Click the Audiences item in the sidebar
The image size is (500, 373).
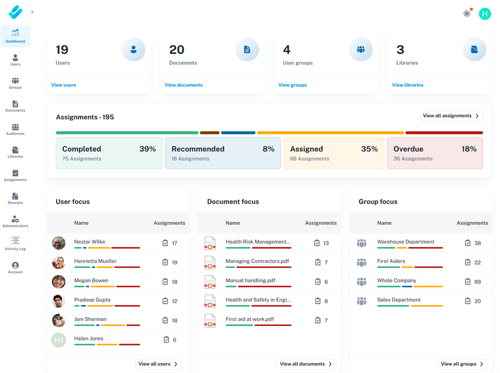(x=15, y=129)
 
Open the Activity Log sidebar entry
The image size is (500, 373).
(x=15, y=244)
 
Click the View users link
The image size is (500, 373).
(x=63, y=85)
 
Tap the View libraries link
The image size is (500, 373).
(x=407, y=85)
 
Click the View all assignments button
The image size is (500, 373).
(x=451, y=116)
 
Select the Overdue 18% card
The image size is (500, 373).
(x=435, y=153)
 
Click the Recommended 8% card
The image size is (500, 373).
(x=223, y=153)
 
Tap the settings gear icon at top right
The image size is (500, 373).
(x=467, y=13)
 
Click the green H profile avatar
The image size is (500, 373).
(x=485, y=14)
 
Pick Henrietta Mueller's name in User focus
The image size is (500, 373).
(x=95, y=261)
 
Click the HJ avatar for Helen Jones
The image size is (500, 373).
(x=59, y=340)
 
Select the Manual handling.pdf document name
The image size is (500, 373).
(x=250, y=280)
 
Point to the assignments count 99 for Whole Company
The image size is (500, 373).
(x=477, y=281)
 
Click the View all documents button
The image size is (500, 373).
(x=306, y=364)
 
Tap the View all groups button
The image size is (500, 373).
(x=462, y=364)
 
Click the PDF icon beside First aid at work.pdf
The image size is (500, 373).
(x=210, y=321)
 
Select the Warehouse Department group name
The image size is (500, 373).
(x=405, y=241)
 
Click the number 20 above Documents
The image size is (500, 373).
(x=177, y=50)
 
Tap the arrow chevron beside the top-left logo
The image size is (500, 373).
(x=32, y=12)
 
